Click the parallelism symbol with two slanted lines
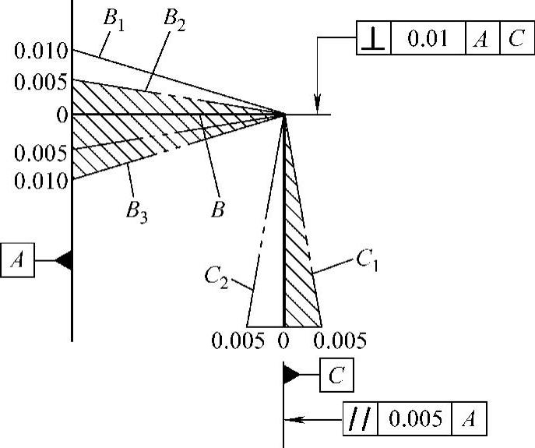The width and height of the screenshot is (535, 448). coord(359,420)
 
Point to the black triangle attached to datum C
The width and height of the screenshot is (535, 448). coord(292,376)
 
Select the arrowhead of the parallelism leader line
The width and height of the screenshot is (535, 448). coord(290,419)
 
